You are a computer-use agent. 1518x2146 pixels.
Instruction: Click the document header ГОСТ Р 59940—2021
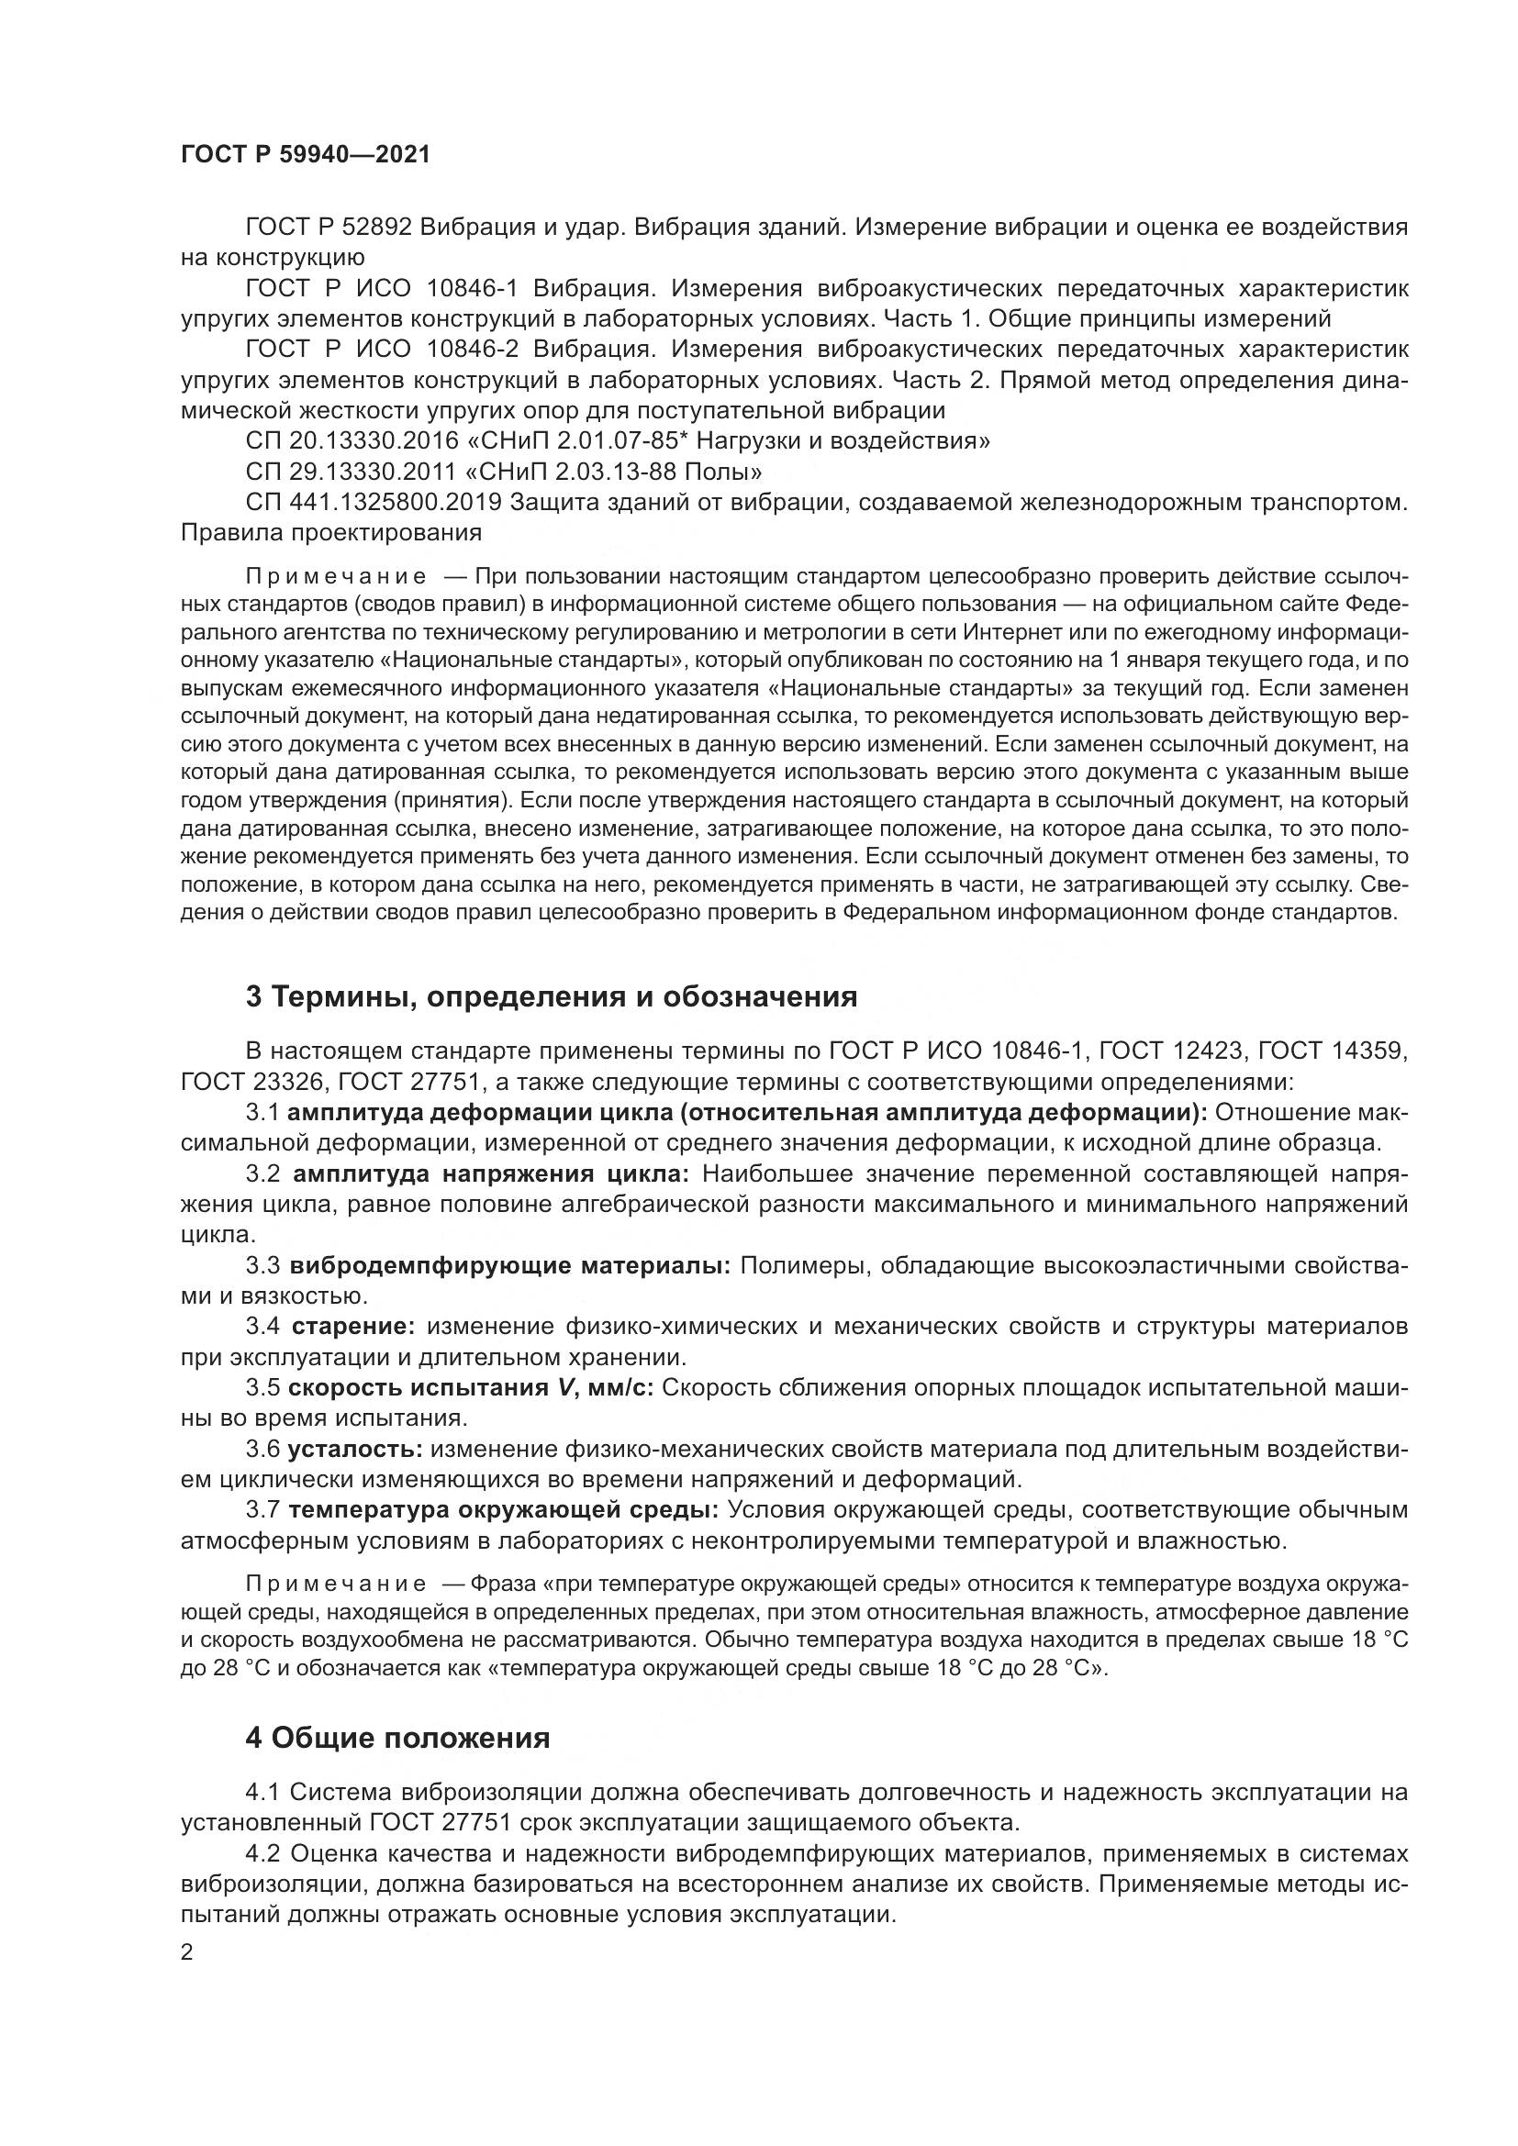(306, 155)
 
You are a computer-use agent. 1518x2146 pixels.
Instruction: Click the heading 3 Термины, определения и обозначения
(552, 997)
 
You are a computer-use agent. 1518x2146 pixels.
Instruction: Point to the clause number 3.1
(262, 1113)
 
